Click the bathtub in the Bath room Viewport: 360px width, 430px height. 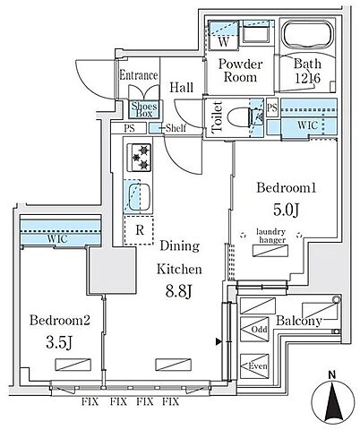[x=308, y=34]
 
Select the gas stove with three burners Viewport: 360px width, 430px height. [x=139, y=158]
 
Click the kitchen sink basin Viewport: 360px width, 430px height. [x=139, y=196]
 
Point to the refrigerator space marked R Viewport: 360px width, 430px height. [x=139, y=230]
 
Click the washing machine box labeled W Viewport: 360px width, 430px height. [x=223, y=42]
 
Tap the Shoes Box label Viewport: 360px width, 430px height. [x=144, y=109]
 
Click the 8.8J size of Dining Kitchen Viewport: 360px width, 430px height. [x=178, y=291]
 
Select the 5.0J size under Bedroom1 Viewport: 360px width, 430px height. [x=286, y=210]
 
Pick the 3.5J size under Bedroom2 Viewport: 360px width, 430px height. [x=59, y=342]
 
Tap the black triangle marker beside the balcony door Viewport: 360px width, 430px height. [x=219, y=342]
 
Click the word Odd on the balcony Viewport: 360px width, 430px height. [x=259, y=330]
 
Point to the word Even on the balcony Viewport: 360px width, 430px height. [x=258, y=365]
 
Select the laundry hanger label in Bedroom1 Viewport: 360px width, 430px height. [x=271, y=236]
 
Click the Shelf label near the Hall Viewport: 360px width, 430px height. [x=176, y=128]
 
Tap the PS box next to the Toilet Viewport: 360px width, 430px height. [x=272, y=107]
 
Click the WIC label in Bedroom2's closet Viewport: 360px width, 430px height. [x=57, y=239]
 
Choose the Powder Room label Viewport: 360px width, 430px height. [x=240, y=71]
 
